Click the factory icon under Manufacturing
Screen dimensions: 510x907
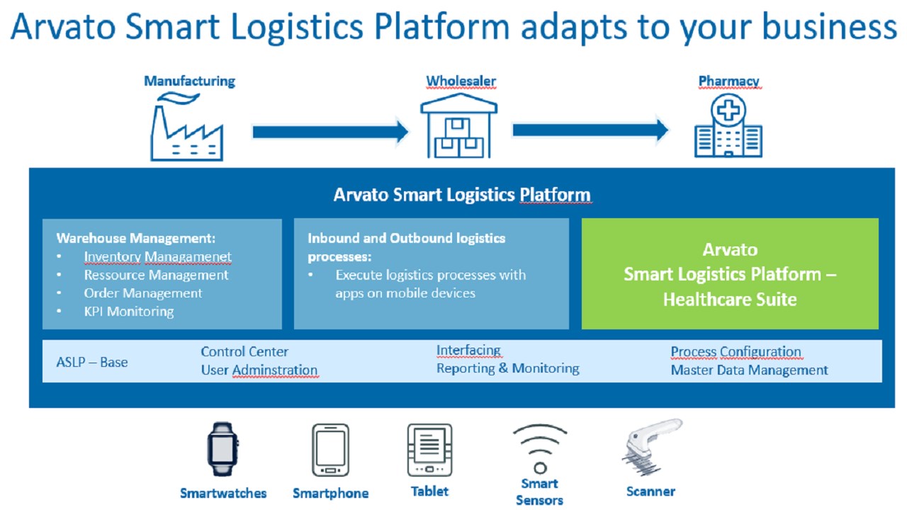187,128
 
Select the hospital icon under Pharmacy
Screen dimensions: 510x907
728,127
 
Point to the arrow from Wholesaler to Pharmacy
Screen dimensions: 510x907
590,130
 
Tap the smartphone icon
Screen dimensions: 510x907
330,450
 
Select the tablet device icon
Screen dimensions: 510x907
429,450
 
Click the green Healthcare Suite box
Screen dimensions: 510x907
730,274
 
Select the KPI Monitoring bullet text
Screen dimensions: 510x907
128,312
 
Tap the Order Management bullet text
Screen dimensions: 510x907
143,293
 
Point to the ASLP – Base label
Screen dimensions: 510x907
92,362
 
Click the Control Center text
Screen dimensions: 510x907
244,352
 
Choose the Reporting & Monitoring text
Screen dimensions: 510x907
507,368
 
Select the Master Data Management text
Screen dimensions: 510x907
749,370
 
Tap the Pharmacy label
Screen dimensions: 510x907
728,81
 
